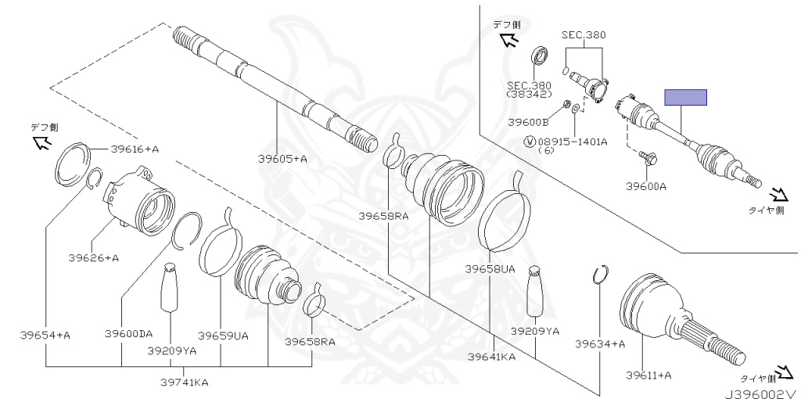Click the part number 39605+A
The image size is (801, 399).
(282, 159)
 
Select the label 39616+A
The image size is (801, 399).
(135, 149)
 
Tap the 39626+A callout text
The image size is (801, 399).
(93, 257)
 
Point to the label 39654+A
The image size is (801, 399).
(45, 335)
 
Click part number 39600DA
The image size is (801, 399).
(128, 334)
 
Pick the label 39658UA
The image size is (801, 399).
(490, 268)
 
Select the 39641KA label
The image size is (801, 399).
(491, 357)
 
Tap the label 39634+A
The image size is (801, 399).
(600, 343)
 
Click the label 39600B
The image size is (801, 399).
(528, 122)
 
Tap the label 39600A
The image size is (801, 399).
(645, 186)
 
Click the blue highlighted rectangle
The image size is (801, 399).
(685, 98)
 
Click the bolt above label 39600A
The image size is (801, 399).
(648, 159)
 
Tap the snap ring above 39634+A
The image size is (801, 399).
(600, 275)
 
